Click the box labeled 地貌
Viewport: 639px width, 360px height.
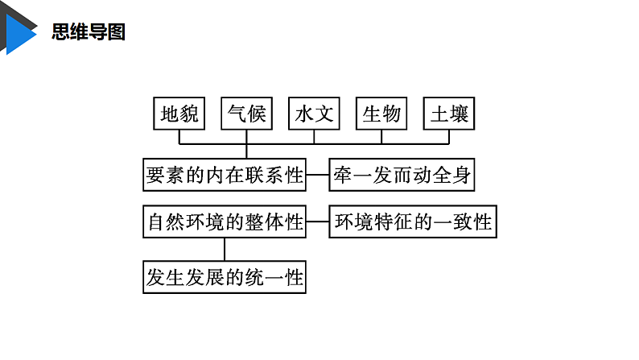[179, 114]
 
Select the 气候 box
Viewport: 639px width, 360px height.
[246, 114]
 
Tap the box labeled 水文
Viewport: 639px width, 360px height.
[314, 114]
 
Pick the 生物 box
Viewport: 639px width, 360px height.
[381, 114]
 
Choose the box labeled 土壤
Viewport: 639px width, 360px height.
[449, 114]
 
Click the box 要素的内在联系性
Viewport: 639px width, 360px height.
[225, 174]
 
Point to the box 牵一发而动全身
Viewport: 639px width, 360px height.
[402, 174]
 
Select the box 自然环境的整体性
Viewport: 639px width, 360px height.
[225, 221]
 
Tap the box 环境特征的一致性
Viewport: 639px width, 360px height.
[413, 221]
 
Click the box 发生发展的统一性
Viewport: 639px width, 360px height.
[225, 278]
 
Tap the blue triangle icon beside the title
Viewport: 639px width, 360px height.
[21, 32]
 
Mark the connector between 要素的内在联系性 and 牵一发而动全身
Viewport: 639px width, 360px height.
[318, 174]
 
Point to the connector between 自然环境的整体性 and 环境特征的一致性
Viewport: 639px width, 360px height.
[318, 221]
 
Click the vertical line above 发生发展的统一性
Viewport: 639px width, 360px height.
[225, 249]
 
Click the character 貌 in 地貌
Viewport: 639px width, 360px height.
[188, 114]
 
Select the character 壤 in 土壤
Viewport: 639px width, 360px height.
[459, 114]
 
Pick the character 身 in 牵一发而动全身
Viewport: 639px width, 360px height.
[461, 174]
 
